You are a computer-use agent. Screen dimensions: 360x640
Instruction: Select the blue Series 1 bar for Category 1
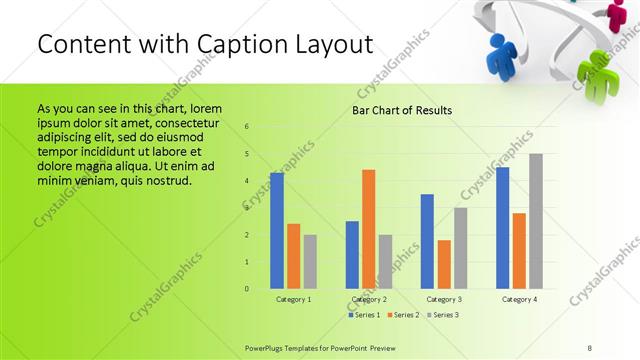click(277, 230)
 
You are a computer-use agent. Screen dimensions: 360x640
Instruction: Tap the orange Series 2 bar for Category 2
click(368, 229)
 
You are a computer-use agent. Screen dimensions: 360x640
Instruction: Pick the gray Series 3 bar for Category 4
click(536, 221)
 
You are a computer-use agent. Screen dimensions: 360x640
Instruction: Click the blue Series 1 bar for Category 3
click(427, 241)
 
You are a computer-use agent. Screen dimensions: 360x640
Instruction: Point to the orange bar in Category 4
click(519, 250)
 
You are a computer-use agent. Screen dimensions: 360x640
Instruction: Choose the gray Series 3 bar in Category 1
click(310, 261)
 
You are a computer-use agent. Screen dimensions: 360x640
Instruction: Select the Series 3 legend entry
click(442, 315)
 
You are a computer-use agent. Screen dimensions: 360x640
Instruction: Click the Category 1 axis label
click(294, 299)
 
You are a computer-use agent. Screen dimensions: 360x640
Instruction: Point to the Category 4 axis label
click(519, 299)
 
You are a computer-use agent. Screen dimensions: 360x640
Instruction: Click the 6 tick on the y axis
click(246, 127)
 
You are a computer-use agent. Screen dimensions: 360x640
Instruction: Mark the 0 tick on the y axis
click(246, 289)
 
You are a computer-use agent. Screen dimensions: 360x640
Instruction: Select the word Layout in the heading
click(336, 44)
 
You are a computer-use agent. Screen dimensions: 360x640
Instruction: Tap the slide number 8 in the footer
click(589, 347)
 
